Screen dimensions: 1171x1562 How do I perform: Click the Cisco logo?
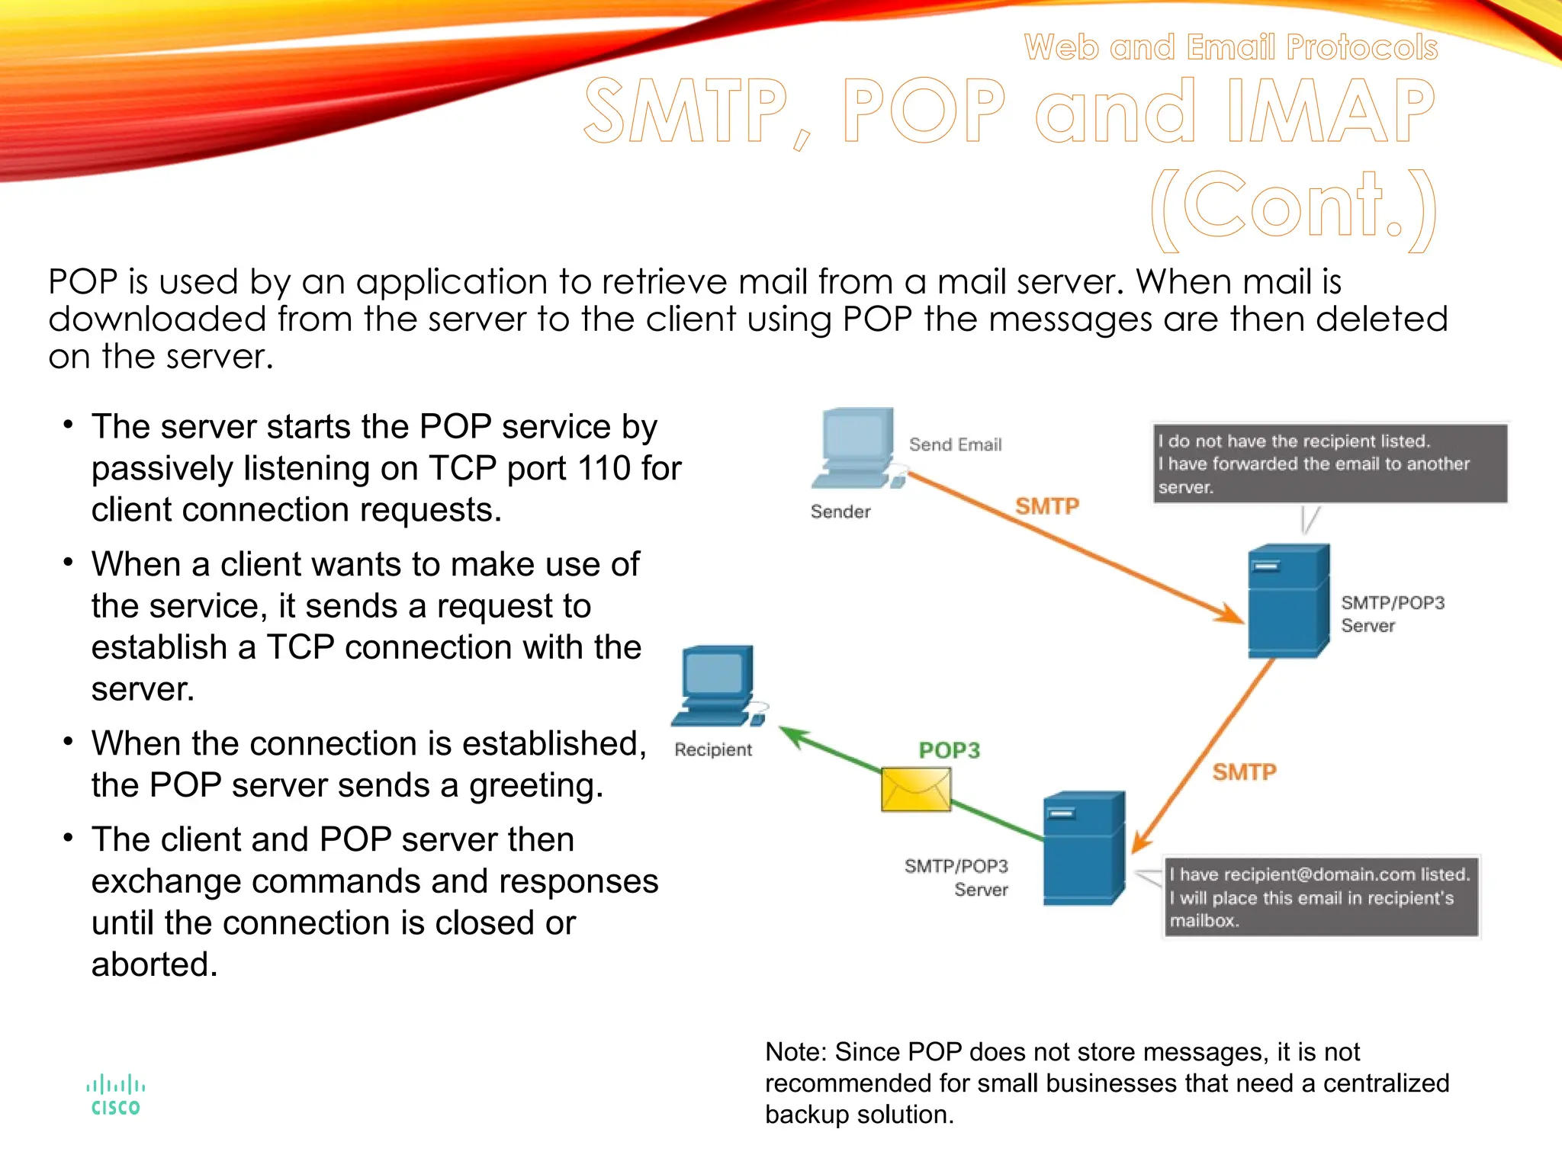tap(115, 1096)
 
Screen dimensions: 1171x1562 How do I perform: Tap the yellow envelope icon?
tap(916, 789)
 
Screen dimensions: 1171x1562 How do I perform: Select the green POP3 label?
tap(949, 750)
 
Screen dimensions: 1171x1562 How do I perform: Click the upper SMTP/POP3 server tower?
tap(1288, 601)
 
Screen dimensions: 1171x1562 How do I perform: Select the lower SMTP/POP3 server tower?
tap(1083, 848)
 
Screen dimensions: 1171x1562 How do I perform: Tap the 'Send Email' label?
tap(955, 444)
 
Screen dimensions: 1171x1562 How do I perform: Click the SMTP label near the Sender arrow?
tap(1046, 506)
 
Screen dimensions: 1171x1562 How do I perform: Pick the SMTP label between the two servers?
tap(1244, 772)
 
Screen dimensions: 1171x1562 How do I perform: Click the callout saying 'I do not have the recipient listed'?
tap(1329, 464)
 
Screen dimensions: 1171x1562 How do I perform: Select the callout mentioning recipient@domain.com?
tap(1320, 897)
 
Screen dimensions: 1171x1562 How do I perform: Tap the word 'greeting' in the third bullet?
tap(530, 785)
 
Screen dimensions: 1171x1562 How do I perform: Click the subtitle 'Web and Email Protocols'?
tap(1230, 47)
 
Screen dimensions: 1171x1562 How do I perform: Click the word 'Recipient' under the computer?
tap(712, 750)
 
